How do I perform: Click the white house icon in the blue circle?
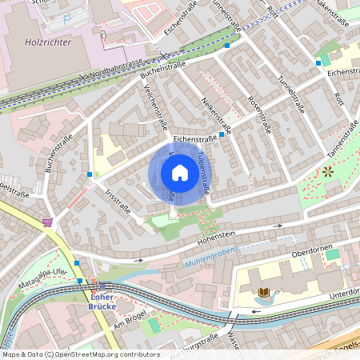tap(180, 173)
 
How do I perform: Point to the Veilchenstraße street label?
tap(155, 107)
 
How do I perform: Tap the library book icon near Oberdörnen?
tap(263, 293)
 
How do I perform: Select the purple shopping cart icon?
tap(48, 222)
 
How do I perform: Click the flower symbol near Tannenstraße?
tap(327, 171)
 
